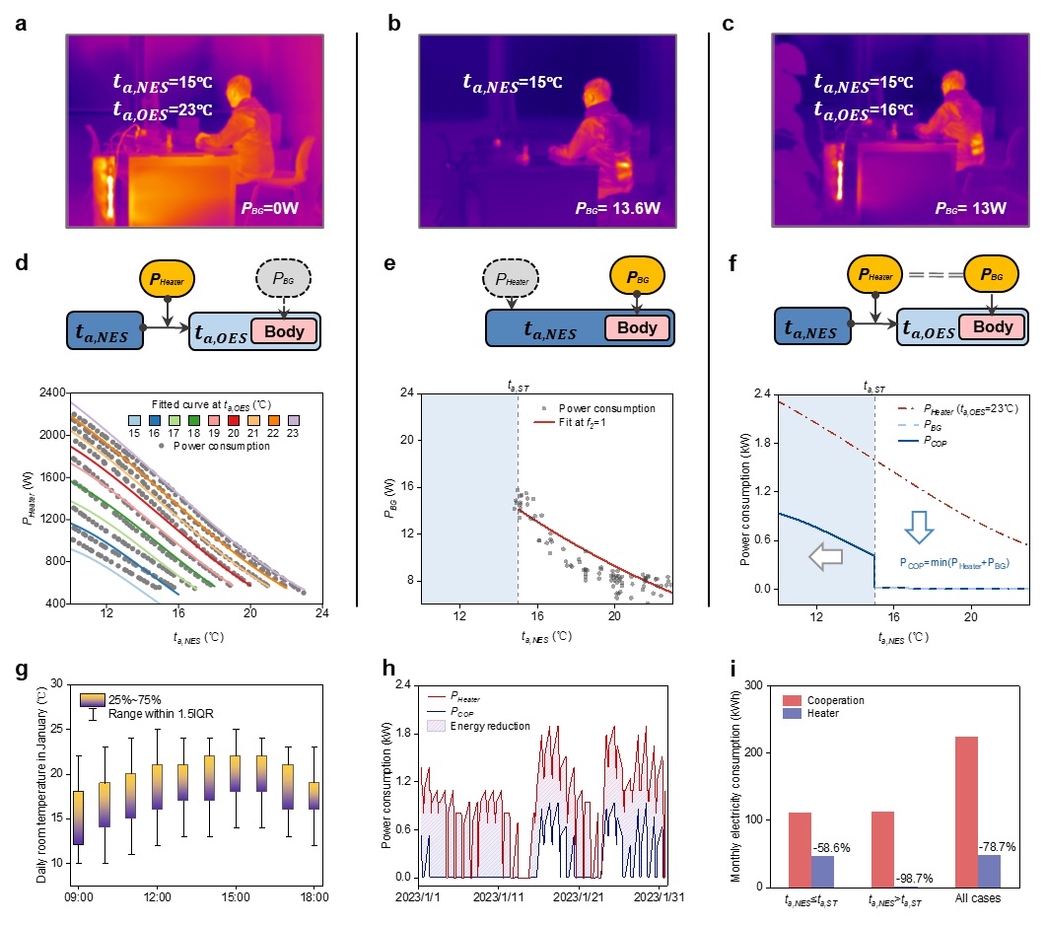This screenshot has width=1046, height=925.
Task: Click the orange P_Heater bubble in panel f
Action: pos(875,279)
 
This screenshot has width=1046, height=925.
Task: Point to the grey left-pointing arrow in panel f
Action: pos(821,557)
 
